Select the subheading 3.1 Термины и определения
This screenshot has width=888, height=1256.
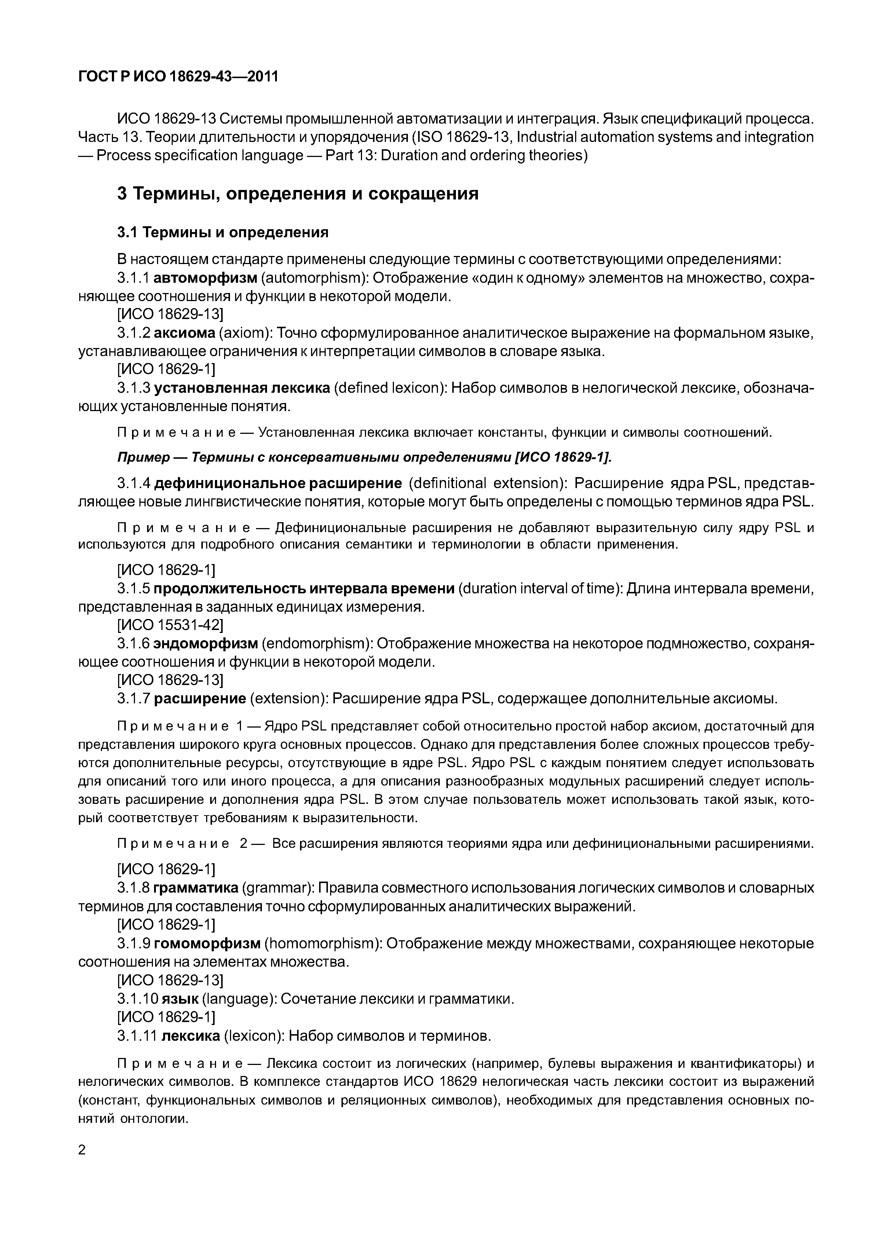(x=223, y=232)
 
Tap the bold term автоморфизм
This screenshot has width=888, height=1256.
(x=205, y=278)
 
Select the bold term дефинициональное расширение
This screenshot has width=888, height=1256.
(x=278, y=484)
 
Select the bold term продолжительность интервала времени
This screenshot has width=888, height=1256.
(x=304, y=588)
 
